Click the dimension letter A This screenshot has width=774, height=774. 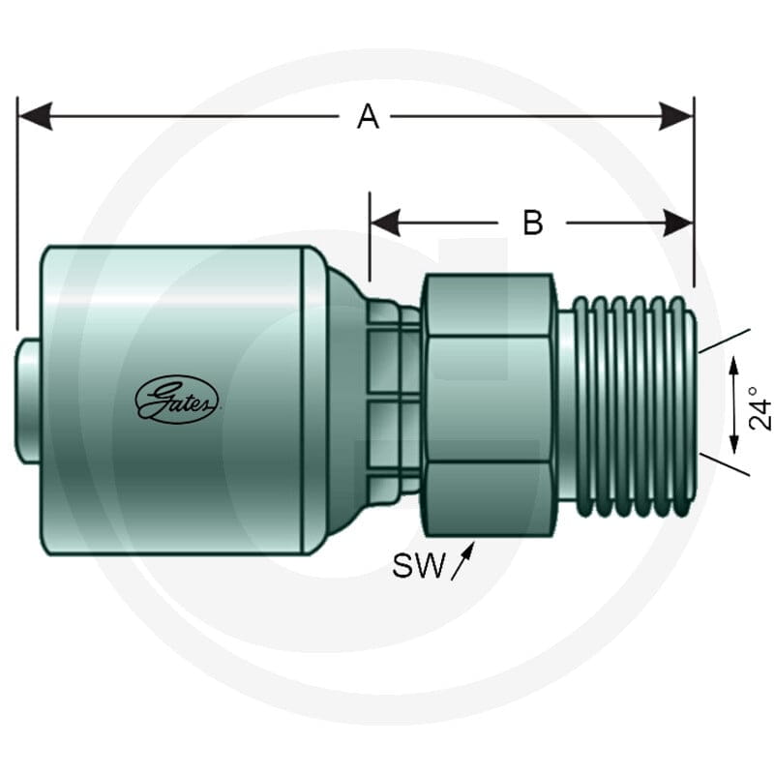click(369, 117)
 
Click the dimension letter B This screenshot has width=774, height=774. click(533, 223)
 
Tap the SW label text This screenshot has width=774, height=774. click(419, 566)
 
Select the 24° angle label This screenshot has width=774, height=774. click(759, 407)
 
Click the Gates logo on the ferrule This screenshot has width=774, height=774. click(177, 400)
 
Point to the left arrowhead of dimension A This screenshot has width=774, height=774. click(35, 117)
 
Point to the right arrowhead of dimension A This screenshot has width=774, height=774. click(676, 117)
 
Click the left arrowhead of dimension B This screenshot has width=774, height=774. click(385, 223)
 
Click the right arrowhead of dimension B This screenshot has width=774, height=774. click(679, 223)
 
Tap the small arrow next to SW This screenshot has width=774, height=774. click(463, 561)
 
